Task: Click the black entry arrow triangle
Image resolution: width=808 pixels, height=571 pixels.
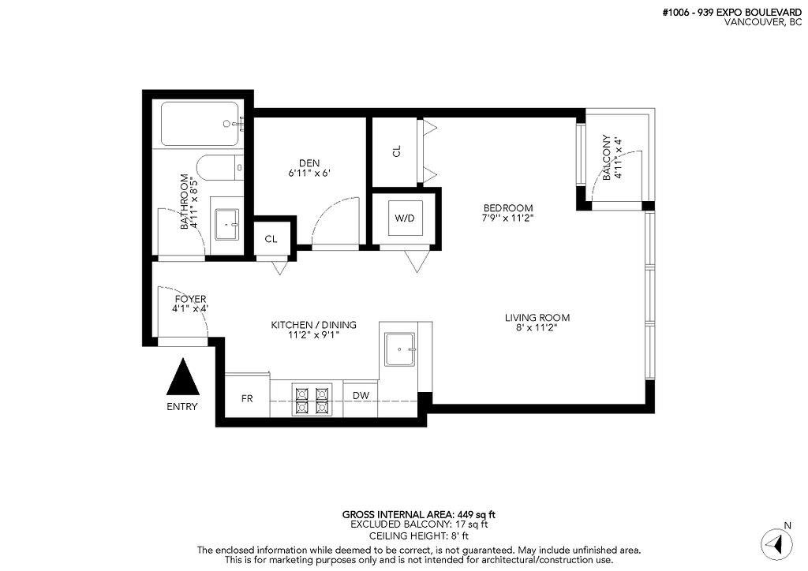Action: tap(183, 378)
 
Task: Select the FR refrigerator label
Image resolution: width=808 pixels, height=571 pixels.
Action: tap(247, 397)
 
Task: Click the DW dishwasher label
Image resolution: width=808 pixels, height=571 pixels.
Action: tap(361, 396)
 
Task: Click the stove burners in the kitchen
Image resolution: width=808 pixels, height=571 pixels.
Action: tap(310, 399)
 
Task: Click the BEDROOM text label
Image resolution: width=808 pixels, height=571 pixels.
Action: tap(508, 208)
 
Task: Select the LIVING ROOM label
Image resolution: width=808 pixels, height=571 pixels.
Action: tap(537, 318)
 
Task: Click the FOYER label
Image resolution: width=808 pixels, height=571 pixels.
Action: tap(189, 299)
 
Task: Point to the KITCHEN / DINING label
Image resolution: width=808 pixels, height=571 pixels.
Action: tap(313, 325)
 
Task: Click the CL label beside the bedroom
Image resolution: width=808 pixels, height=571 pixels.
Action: tap(397, 151)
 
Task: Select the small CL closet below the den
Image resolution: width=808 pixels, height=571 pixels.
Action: tap(271, 239)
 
